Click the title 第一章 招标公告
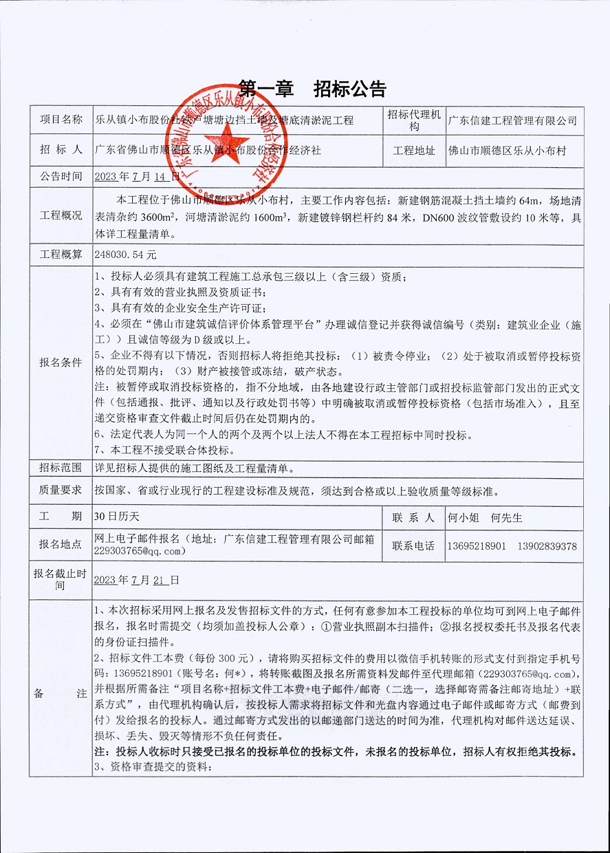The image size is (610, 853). [312, 89]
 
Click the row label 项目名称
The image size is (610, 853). [61, 120]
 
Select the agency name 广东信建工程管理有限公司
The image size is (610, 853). [512, 120]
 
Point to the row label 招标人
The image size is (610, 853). [61, 149]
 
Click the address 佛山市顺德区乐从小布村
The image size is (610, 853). [507, 150]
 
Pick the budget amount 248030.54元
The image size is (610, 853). [126, 254]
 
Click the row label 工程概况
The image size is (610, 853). [61, 215]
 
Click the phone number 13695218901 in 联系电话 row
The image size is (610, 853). [477, 546]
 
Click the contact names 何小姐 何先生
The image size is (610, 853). [485, 517]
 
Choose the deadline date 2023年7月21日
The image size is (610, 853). [137, 580]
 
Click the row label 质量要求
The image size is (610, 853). [61, 490]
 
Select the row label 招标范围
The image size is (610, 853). [61, 469]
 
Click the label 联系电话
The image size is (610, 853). [413, 546]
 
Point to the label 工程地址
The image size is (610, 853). [413, 150]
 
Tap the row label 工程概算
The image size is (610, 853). [61, 254]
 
